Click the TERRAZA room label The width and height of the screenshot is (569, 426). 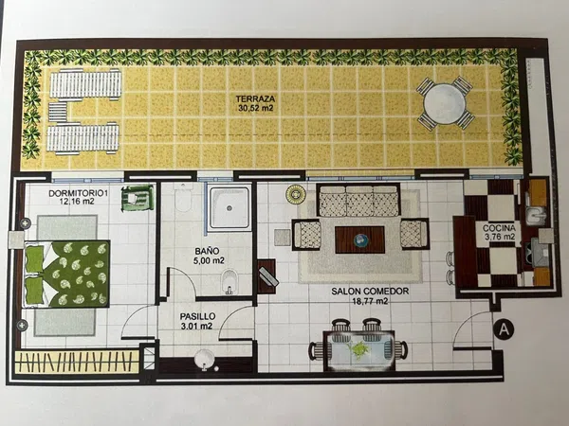pyautogui.click(x=255, y=98)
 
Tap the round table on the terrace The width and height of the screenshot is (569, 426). pyautogui.click(x=444, y=103)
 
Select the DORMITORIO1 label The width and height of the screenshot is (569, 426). pyautogui.click(x=78, y=193)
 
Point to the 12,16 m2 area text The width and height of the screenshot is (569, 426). pyautogui.click(x=77, y=201)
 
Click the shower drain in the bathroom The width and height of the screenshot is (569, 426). pyautogui.click(x=229, y=208)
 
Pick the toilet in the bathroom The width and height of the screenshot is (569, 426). pyautogui.click(x=182, y=198)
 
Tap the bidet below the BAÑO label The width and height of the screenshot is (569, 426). pyautogui.click(x=229, y=281)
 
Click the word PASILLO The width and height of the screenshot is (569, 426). pyautogui.click(x=197, y=316)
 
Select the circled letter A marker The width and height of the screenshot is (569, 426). pyautogui.click(x=505, y=329)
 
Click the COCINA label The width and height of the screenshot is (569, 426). pyautogui.click(x=499, y=228)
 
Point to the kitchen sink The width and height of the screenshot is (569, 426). pyautogui.click(x=536, y=216)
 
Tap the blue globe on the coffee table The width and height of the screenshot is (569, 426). pyautogui.click(x=361, y=240)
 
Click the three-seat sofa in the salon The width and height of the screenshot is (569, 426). pyautogui.click(x=358, y=200)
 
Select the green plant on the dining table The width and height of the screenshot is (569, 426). pyautogui.click(x=358, y=349)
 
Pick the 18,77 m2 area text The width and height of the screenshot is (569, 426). pyautogui.click(x=370, y=301)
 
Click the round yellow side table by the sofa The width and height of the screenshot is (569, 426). pyautogui.click(x=295, y=194)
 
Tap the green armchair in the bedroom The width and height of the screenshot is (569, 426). pyautogui.click(x=138, y=198)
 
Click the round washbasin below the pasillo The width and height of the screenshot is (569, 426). pyautogui.click(x=204, y=359)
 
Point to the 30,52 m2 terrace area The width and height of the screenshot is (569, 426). pyautogui.click(x=255, y=108)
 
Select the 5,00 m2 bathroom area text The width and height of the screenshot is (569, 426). pyautogui.click(x=209, y=260)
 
